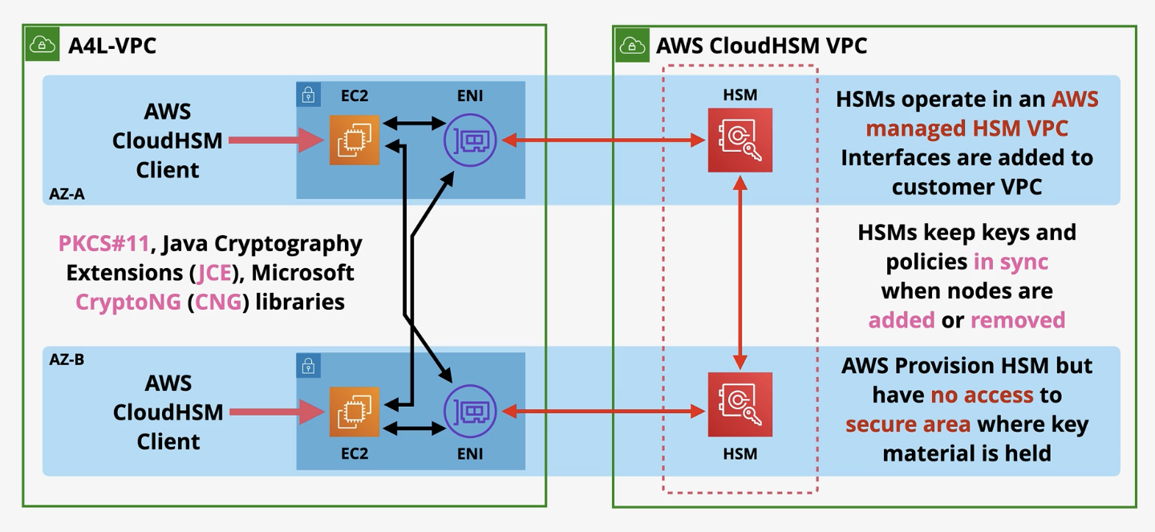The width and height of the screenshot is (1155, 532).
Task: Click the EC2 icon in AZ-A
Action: pyautogui.click(x=354, y=140)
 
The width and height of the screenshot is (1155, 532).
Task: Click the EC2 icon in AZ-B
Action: pyautogui.click(x=354, y=412)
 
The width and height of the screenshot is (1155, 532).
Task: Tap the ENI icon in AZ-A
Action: pyautogui.click(x=470, y=140)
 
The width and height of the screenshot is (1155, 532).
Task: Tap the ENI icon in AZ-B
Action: pyautogui.click(x=470, y=412)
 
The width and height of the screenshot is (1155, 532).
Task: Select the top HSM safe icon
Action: pyautogui.click(x=740, y=140)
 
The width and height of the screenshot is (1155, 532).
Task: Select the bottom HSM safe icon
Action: pyautogui.click(x=740, y=404)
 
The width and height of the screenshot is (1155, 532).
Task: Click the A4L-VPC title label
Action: pyautogui.click(x=112, y=45)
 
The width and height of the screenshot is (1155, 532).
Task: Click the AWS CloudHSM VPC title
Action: pyautogui.click(x=761, y=45)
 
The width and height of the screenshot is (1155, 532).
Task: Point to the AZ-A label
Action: pyautogui.click(x=67, y=193)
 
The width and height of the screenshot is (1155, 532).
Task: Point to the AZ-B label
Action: pyautogui.click(x=67, y=359)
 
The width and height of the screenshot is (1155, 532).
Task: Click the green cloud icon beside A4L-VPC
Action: pyautogui.click(x=43, y=44)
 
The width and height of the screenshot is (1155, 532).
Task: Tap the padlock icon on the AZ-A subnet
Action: pyautogui.click(x=308, y=94)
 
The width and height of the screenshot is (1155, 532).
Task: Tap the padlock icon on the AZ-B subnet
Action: pyautogui.click(x=308, y=366)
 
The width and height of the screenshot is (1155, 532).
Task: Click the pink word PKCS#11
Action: pyautogui.click(x=103, y=243)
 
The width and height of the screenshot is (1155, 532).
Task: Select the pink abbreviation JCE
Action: pyautogui.click(x=215, y=273)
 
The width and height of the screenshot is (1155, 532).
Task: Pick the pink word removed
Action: pyautogui.click(x=1018, y=320)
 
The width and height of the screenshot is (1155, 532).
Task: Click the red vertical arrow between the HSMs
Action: pyautogui.click(x=740, y=273)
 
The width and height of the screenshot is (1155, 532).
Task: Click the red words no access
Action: pyautogui.click(x=982, y=395)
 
